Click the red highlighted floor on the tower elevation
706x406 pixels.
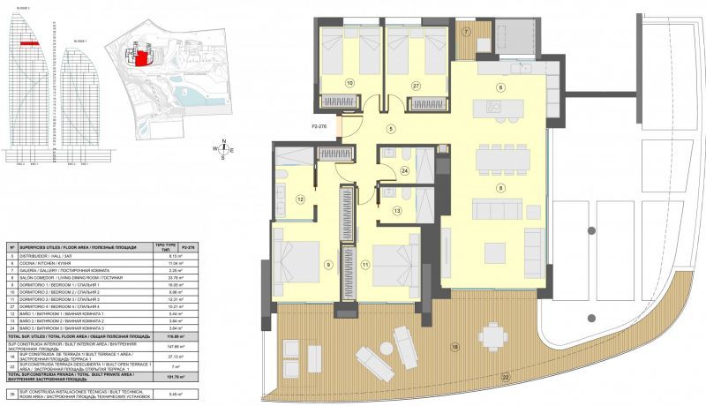(x=29, y=41)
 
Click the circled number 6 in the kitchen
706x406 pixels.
(x=499, y=87)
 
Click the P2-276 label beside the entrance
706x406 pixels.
(x=325, y=128)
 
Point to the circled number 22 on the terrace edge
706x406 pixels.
(x=507, y=377)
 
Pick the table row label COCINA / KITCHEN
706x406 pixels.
(x=53, y=263)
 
